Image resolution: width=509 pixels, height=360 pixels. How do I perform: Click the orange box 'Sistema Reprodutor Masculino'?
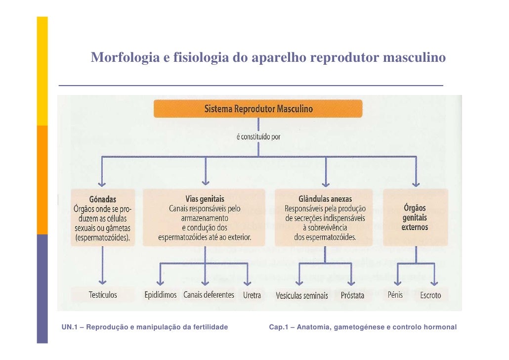(x=258, y=109)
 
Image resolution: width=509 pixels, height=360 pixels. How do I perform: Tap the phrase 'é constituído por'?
(x=258, y=137)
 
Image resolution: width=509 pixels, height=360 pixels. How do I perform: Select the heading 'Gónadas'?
(x=103, y=199)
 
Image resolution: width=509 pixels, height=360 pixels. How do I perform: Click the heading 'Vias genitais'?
(x=205, y=199)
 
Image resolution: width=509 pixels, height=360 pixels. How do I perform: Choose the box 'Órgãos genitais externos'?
(x=415, y=218)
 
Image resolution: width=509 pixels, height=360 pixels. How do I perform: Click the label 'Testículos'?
(x=103, y=295)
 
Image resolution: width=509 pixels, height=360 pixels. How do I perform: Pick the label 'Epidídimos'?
(x=160, y=295)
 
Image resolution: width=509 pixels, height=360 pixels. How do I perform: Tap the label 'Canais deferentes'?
(x=209, y=295)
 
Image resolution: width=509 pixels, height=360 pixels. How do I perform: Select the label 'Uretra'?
(x=252, y=295)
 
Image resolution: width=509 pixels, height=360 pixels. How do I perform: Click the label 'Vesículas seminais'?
(x=301, y=296)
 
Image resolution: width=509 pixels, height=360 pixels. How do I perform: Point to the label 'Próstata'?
(x=352, y=296)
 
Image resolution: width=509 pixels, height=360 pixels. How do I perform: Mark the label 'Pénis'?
(x=395, y=295)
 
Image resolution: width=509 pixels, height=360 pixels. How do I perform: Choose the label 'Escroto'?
(x=430, y=296)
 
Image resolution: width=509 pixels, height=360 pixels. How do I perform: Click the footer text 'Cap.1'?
(x=279, y=327)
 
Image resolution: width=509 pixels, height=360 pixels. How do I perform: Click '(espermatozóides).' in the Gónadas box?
(x=103, y=238)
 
